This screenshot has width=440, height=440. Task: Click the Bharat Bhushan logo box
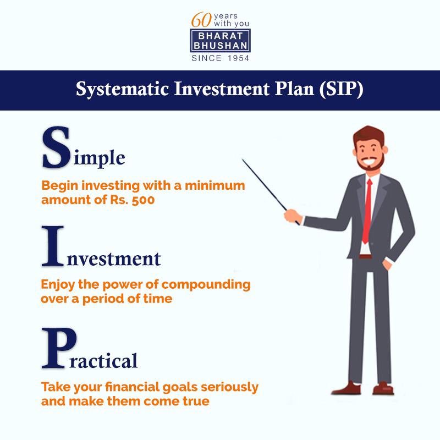pyautogui.click(x=220, y=41)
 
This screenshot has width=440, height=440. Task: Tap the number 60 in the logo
pyautogui.click(x=200, y=20)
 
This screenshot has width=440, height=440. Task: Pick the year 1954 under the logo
pyautogui.click(x=237, y=58)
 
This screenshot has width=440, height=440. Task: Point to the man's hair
pyautogui.click(x=370, y=135)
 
